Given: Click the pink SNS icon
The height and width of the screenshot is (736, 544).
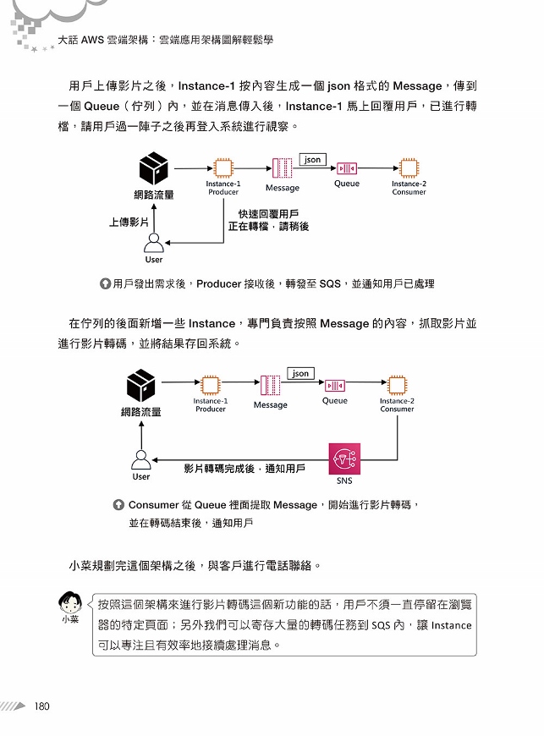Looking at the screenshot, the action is [x=344, y=459].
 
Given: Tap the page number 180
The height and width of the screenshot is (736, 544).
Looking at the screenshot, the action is [x=41, y=706].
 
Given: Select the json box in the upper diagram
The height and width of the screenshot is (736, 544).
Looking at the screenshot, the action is [x=312, y=160].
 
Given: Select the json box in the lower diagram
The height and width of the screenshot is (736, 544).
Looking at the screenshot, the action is [x=300, y=373].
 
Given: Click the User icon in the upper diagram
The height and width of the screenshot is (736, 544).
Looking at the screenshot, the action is [x=153, y=243].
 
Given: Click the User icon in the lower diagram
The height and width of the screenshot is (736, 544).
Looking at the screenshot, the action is [x=140, y=460].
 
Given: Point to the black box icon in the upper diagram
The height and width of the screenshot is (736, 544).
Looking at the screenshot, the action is [x=153, y=168].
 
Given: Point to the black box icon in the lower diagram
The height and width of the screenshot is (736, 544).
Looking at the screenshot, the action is [x=140, y=386].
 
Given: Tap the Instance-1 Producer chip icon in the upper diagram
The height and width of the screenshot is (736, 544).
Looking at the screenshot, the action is [x=223, y=168].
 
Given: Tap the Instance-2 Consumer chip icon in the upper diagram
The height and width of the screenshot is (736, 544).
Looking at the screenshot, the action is [x=409, y=168].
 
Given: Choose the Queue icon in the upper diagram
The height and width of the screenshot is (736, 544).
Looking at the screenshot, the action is [x=347, y=168].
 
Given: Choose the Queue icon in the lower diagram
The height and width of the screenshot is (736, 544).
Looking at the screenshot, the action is [x=335, y=386].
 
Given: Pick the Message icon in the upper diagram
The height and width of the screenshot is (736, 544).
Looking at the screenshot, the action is [x=282, y=168].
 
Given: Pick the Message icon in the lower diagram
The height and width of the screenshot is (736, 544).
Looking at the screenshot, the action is [x=270, y=386].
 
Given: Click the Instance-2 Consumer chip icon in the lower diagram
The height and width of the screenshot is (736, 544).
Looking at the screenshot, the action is [x=397, y=386].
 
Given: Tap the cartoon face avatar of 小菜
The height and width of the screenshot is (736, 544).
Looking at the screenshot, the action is [x=70, y=602].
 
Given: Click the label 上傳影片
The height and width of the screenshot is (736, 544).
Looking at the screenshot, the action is [x=129, y=222].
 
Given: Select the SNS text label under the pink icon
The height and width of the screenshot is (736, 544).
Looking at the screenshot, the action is [x=344, y=481].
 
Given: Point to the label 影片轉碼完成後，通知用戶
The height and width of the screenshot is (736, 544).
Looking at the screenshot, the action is [x=245, y=469].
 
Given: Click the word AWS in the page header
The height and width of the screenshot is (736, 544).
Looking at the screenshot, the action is [x=92, y=40].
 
